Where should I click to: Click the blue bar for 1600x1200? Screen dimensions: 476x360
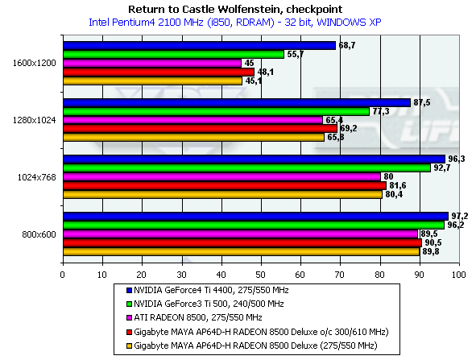pos(200,46)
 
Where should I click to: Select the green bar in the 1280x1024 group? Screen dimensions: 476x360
pos(216,112)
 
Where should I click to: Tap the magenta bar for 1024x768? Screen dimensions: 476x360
pos(221,176)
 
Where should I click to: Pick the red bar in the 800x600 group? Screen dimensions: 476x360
pos(242,243)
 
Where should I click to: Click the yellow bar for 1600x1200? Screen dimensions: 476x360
pos(153,81)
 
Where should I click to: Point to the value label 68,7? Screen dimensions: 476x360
pos(347,46)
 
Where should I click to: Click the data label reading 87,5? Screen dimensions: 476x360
pos(422,102)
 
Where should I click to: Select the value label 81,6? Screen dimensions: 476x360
pos(398,185)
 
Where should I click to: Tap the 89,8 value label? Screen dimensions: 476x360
pos(431,251)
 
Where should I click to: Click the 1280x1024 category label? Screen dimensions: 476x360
pos(35,120)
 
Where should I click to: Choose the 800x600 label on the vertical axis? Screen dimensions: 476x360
pos(39,234)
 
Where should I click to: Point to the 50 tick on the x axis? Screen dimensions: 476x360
pos(260,275)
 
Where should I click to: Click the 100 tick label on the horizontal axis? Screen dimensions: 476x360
pos(459,275)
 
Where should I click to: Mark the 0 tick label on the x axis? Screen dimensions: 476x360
pos(63,275)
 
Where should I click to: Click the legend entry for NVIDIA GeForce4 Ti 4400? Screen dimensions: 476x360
pos(208,291)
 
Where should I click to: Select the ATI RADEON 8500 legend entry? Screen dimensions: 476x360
pos(194,318)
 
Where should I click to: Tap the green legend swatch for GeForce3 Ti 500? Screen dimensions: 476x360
pos(130,304)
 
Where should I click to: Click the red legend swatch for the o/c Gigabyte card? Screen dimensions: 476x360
pos(130,332)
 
